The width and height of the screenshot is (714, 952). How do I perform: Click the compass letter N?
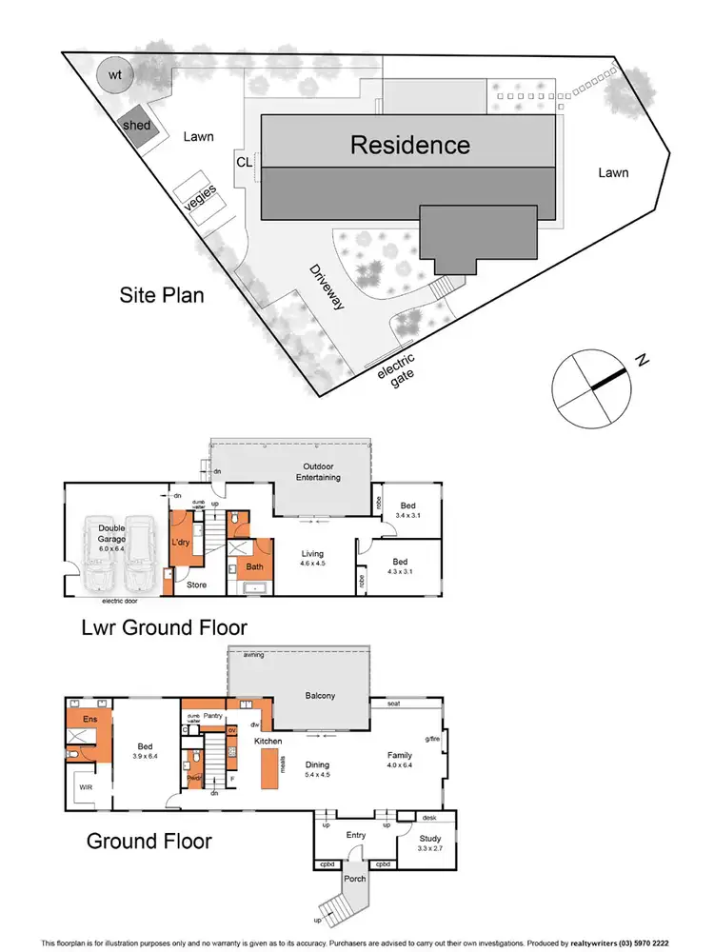(643, 360)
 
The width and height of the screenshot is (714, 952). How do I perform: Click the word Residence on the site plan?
(410, 145)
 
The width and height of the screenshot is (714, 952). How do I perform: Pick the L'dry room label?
(182, 542)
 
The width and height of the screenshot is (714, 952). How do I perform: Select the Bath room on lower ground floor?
(253, 567)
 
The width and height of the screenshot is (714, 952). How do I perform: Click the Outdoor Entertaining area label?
(323, 472)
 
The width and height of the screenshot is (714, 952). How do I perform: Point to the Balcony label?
(320, 696)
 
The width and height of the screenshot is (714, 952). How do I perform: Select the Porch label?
(355, 878)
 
